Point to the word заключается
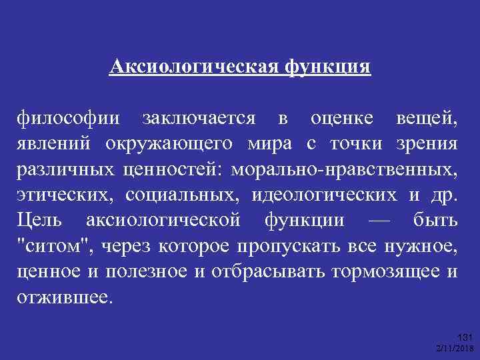[198, 119]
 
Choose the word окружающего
[168, 144]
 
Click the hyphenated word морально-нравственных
[344, 169]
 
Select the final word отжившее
[65, 295]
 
